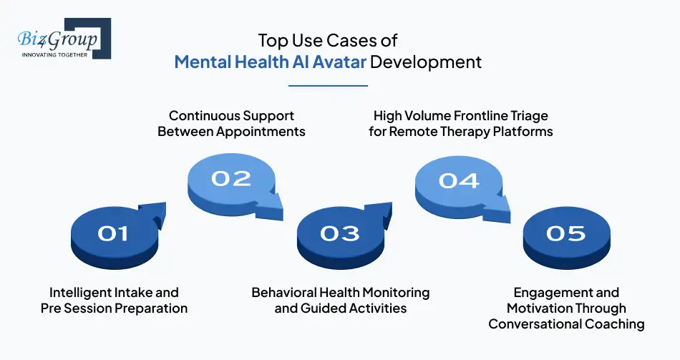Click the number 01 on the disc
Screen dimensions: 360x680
point(112,233)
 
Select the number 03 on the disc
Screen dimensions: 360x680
point(339,233)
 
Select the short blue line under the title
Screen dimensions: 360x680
point(328,85)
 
